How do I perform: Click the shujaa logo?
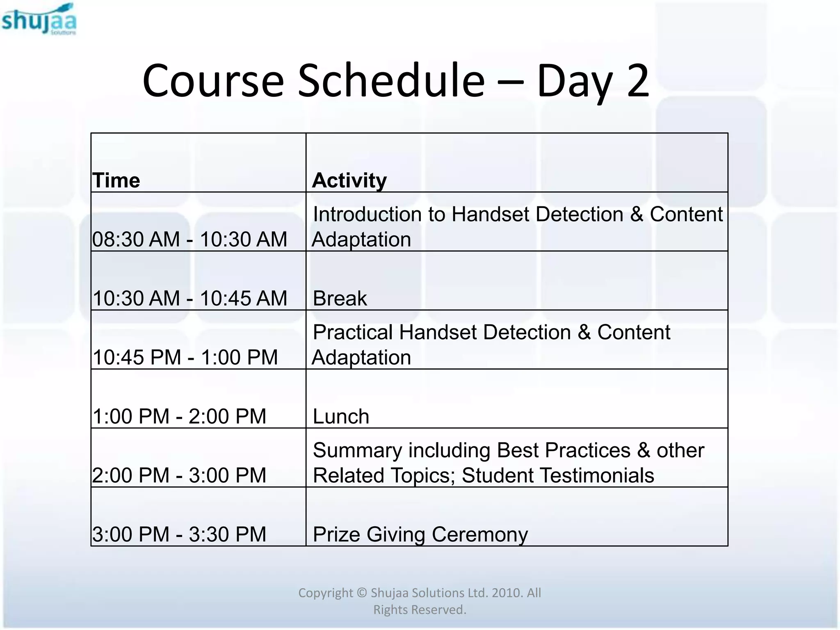(39, 20)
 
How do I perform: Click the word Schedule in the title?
(391, 81)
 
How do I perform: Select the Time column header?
(116, 180)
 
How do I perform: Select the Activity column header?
(349, 180)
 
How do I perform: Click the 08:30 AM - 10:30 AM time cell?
(189, 239)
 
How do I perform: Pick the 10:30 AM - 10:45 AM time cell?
(189, 298)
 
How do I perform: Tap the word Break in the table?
(340, 298)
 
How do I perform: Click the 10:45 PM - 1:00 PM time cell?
(185, 357)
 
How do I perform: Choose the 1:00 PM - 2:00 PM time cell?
(179, 416)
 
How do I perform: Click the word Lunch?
(341, 416)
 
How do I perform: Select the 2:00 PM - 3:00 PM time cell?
(179, 475)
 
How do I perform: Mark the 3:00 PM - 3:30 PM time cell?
(179, 534)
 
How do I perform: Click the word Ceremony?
(479, 534)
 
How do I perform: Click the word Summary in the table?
(357, 450)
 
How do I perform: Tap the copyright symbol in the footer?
(361, 593)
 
